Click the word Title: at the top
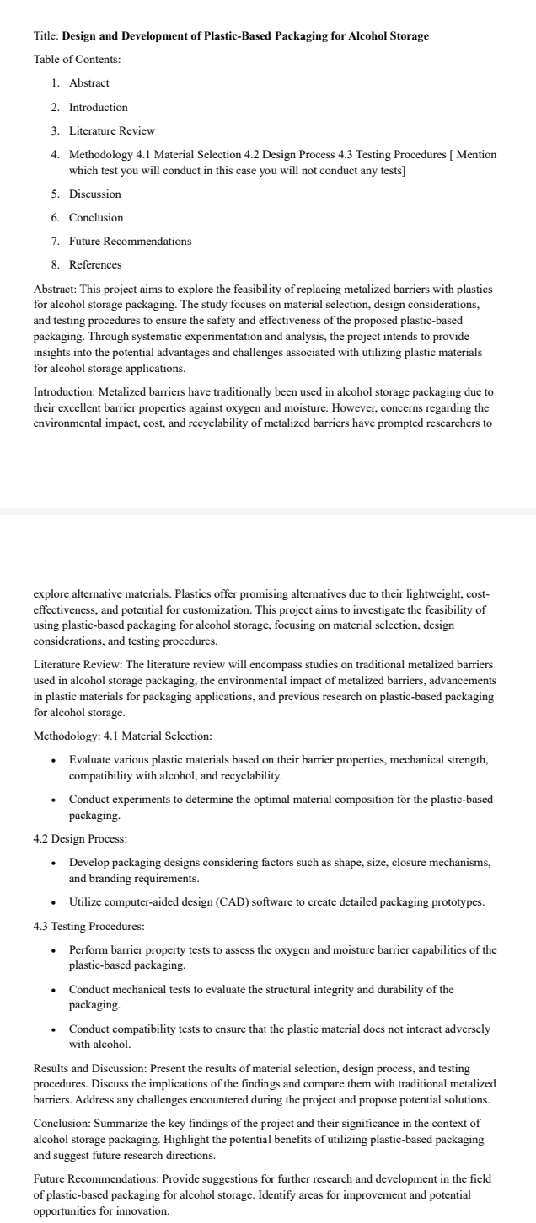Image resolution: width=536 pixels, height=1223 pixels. pyautogui.click(x=46, y=36)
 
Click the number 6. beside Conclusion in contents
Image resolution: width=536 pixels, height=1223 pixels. pyautogui.click(x=56, y=217)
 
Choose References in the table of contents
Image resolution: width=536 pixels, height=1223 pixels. pyautogui.click(x=95, y=264)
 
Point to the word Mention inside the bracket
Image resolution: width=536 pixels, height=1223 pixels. pyautogui.click(x=476, y=155)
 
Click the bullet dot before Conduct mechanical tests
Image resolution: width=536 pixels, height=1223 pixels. pyautogui.click(x=55, y=990)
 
